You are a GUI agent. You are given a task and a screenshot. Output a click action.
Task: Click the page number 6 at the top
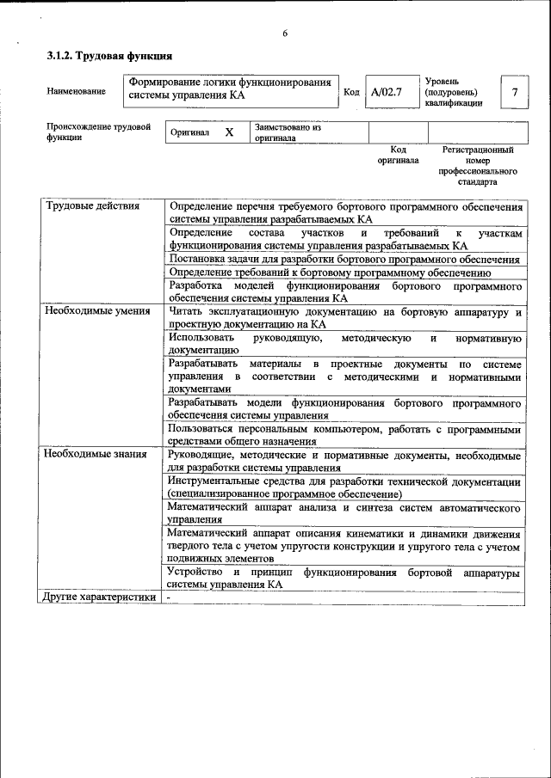(x=285, y=34)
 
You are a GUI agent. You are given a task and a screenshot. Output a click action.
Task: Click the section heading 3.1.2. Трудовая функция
(x=109, y=56)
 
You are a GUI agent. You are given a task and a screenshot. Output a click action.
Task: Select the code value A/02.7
(x=386, y=92)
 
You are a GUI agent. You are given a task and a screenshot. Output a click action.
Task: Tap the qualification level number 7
(x=514, y=92)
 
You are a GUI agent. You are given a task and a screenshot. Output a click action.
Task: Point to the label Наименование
(x=77, y=91)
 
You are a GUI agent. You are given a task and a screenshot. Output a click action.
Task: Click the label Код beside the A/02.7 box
(x=351, y=92)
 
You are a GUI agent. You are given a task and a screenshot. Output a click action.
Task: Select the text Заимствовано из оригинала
(x=288, y=132)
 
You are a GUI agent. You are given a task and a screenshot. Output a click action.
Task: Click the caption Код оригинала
(x=398, y=155)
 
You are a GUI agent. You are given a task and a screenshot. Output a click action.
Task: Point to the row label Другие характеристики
(x=101, y=597)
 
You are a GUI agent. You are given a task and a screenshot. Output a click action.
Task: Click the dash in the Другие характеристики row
(x=170, y=597)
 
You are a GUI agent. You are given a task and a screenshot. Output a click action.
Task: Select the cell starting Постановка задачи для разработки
(x=344, y=259)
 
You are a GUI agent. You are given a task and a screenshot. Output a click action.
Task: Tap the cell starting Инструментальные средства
(x=344, y=487)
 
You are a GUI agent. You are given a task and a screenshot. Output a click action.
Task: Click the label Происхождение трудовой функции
(x=98, y=132)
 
